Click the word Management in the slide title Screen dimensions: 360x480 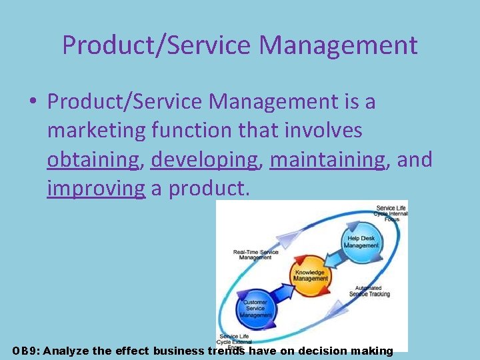[338, 45]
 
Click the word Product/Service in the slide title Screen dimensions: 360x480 [157, 45]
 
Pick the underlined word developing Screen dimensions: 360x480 [204, 160]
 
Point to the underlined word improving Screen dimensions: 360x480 [95, 189]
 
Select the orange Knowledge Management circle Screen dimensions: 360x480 [310, 273]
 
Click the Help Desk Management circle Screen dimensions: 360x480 [361, 241]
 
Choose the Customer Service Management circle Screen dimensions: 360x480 [255, 307]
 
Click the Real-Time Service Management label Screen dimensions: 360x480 [256, 255]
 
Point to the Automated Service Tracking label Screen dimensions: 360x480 [369, 290]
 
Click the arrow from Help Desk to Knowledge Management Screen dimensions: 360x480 [337, 259]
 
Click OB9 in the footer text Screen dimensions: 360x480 [25, 351]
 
